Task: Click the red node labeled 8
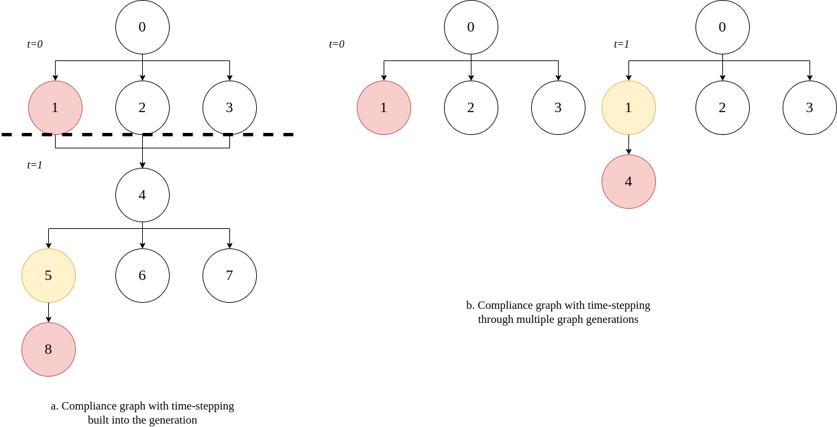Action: (x=48, y=349)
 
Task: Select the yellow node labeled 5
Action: (x=48, y=275)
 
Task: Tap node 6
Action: (x=142, y=275)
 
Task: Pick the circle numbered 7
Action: (x=229, y=275)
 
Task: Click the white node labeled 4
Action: (x=142, y=195)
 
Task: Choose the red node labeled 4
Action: (x=628, y=181)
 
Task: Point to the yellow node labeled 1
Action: (x=628, y=107)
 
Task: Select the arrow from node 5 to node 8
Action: (x=48, y=313)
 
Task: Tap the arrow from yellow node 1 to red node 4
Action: (x=628, y=145)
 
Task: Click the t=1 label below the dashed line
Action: (x=35, y=165)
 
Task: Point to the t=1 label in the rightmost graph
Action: (x=622, y=44)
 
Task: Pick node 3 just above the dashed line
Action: (x=229, y=107)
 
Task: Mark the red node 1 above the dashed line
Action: (x=55, y=107)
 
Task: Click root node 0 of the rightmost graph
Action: (x=722, y=27)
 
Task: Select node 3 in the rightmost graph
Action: (x=810, y=107)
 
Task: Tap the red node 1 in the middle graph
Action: (x=384, y=107)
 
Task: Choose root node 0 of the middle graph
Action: (x=471, y=27)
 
